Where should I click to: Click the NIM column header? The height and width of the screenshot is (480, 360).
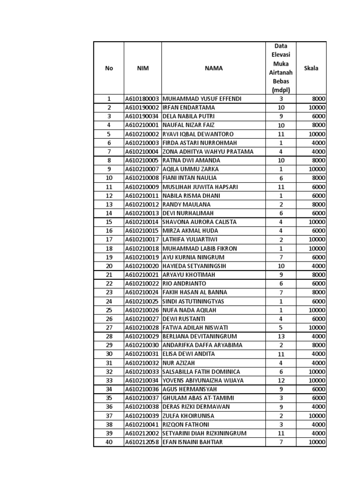pos(142,68)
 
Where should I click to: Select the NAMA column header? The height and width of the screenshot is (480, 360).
pos(214,68)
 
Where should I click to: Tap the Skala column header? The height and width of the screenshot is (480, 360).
pos(311,68)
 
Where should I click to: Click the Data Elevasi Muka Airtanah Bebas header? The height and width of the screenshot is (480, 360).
pos(281,68)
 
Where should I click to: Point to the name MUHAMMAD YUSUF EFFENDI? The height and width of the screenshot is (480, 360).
pos(202,99)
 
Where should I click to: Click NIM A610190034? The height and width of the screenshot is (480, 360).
pos(142,116)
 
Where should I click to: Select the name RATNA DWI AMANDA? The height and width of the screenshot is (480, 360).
pos(191,160)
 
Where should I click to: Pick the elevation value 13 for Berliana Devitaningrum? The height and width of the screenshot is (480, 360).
pos(281,337)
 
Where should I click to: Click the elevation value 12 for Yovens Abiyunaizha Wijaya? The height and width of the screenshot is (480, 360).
pos(281,381)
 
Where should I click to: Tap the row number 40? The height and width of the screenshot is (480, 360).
pos(109,442)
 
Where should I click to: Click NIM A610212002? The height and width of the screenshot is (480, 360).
pos(142,433)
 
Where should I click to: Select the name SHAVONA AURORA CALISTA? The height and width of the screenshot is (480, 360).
pos(199,222)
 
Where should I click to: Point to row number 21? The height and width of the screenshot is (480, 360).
pos(109,275)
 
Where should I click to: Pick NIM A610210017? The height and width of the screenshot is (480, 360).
pos(142,240)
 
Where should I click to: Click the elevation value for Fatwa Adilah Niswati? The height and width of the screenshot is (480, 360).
pos(281,328)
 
